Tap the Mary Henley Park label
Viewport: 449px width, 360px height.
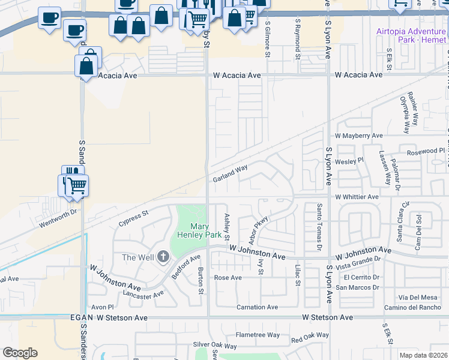click(x=198, y=231)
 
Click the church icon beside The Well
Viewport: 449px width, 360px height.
click(x=163, y=257)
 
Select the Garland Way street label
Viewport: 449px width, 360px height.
click(x=230, y=174)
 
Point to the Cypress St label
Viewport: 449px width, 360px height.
click(x=133, y=215)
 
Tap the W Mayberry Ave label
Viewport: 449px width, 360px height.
click(x=358, y=136)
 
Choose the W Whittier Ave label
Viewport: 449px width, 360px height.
click(x=357, y=197)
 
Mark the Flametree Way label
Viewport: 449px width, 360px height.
click(x=258, y=335)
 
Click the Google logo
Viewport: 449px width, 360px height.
click(x=20, y=353)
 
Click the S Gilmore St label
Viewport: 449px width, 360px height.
click(x=268, y=39)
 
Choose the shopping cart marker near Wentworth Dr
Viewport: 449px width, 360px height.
click(x=76, y=186)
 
